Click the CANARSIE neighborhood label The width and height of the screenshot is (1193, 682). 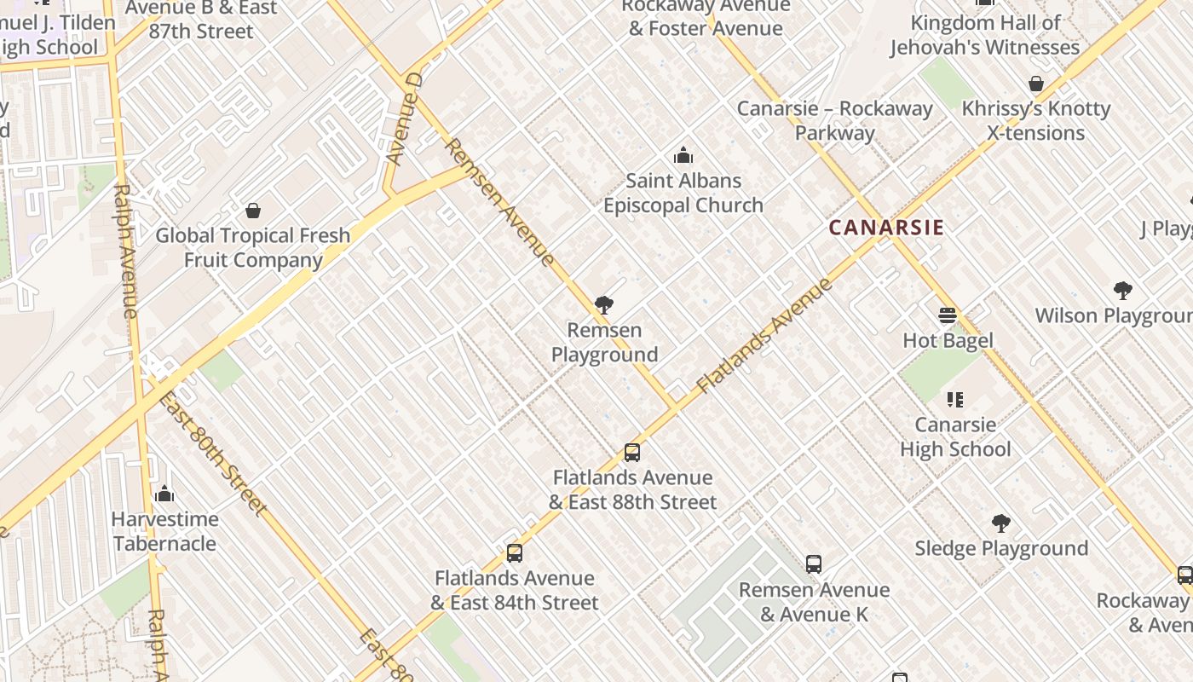[886, 228]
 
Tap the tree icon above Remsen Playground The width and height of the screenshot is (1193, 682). [604, 305]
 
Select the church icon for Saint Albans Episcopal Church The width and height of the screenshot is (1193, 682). [683, 156]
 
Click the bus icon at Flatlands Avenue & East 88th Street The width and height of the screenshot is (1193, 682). [632, 453]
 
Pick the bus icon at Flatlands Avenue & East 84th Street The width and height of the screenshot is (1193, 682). [515, 553]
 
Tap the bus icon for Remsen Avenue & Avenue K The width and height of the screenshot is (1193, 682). [814, 564]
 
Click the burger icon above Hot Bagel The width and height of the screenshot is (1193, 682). [948, 315]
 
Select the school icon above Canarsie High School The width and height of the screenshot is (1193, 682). [955, 399]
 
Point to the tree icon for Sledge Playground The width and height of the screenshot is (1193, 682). [1001, 523]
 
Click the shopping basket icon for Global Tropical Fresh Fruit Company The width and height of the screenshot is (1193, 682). [253, 211]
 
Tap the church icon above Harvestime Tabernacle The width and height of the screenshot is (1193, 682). [165, 494]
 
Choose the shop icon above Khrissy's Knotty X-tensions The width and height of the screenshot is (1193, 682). [1036, 84]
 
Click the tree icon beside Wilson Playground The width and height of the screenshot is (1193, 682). [1123, 291]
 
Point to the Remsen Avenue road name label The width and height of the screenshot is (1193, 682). [499, 202]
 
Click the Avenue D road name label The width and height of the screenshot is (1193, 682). [405, 119]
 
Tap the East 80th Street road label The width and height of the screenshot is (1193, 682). [214, 454]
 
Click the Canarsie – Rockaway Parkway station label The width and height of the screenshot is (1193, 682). [835, 120]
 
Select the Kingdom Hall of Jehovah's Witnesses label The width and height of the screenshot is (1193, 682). [985, 35]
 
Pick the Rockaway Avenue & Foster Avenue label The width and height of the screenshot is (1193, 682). [706, 17]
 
